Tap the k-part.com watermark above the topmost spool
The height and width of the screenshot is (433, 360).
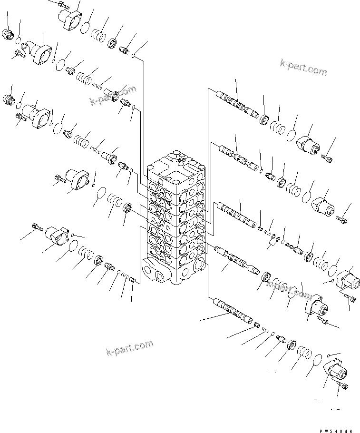coord(303,68)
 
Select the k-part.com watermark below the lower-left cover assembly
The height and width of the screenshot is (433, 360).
coord(129,348)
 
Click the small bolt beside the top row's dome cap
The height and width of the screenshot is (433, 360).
coord(328,157)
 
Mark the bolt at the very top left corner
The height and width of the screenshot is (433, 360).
coord(63,5)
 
